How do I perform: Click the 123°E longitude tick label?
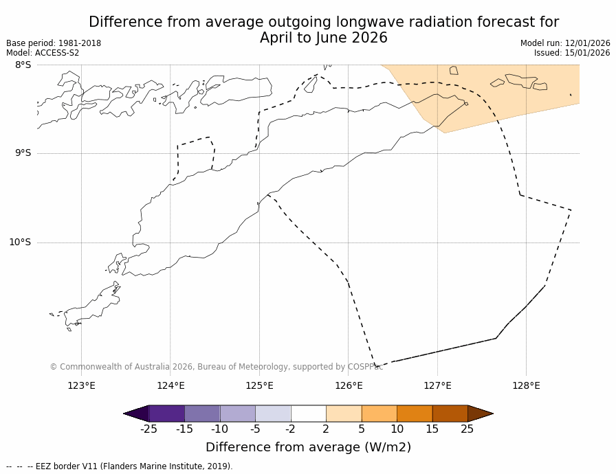tap(81, 385)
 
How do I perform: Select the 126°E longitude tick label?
tap(349, 385)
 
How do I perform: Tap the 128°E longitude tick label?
tap(526, 385)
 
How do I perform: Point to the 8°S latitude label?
tap(23, 65)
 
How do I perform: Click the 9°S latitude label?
tap(23, 153)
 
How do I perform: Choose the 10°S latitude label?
tap(20, 242)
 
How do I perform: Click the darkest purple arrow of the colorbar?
tap(136, 414)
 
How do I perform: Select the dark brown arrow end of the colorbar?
tap(480, 414)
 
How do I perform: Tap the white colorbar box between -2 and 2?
tap(308, 414)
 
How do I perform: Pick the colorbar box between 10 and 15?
tap(415, 414)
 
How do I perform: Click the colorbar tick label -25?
tap(148, 429)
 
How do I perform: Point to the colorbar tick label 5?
tap(362, 429)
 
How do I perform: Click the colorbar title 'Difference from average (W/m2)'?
tap(308, 447)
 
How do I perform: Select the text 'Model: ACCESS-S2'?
tap(43, 53)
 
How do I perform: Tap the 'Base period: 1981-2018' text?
tap(54, 43)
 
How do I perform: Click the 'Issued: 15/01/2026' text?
tap(572, 53)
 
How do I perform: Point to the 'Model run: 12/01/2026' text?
tap(565, 43)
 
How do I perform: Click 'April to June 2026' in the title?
tap(323, 38)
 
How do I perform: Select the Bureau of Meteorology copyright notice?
tap(216, 367)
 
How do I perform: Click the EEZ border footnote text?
tap(120, 466)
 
